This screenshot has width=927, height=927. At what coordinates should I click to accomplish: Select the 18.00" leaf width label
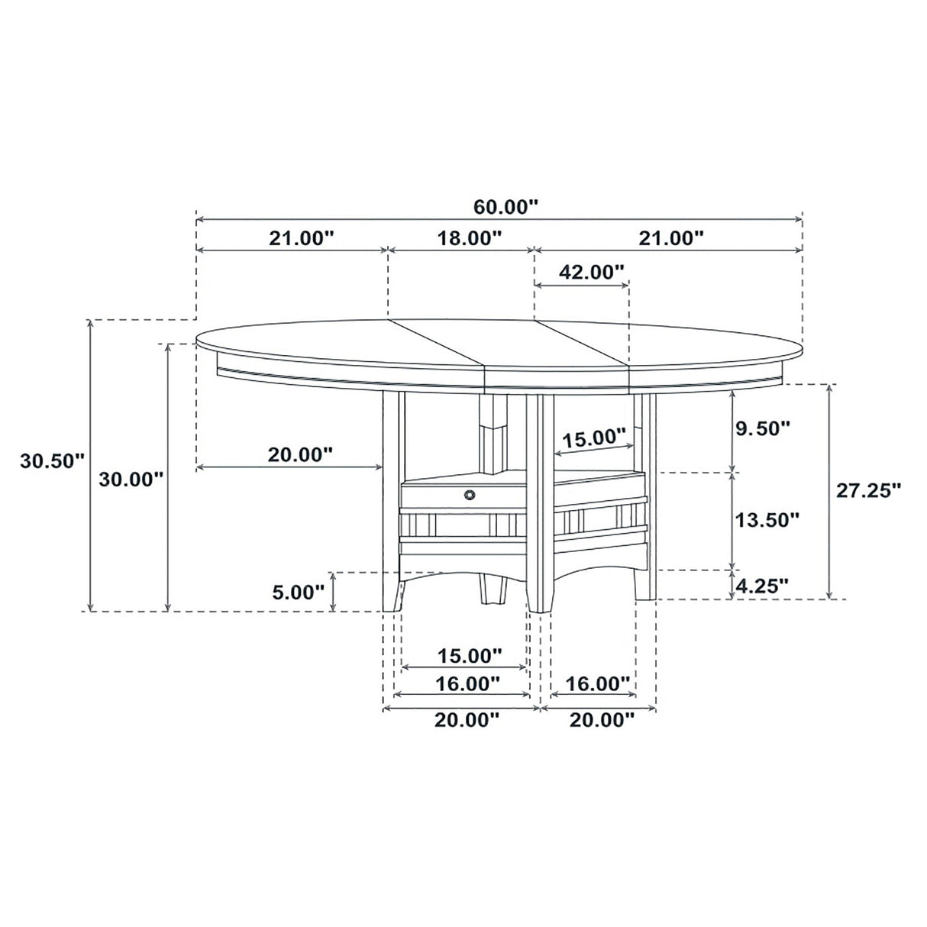click(x=470, y=237)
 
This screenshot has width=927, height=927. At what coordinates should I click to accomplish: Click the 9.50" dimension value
click(x=761, y=428)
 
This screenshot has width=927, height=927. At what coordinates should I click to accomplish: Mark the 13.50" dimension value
click(x=767, y=520)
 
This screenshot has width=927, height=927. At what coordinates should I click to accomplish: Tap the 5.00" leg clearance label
click(x=298, y=592)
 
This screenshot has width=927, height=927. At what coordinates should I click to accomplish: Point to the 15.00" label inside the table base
click(x=594, y=438)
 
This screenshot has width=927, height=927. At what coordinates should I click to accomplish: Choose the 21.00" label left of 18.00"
click(x=302, y=237)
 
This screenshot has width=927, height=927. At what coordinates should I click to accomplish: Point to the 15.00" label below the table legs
click(x=470, y=655)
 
